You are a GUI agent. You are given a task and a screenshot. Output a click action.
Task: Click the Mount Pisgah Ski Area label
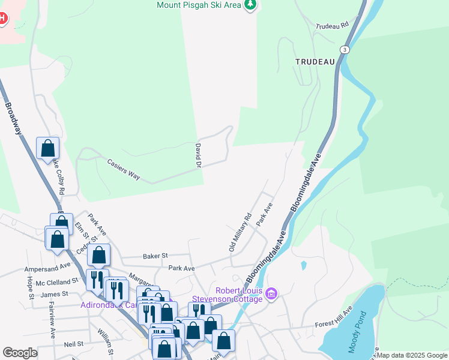[199, 5]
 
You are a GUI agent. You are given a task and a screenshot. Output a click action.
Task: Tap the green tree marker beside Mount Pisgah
[250, 5]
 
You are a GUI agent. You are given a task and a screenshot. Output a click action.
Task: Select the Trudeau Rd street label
[332, 26]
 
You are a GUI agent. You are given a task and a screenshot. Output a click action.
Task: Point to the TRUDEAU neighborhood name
[314, 61]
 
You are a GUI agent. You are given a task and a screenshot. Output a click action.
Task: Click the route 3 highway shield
[344, 49]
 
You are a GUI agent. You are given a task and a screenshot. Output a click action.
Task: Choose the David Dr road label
[197, 155]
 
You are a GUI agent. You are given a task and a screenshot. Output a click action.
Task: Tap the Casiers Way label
[123, 169]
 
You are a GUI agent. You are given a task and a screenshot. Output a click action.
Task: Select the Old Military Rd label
[240, 232]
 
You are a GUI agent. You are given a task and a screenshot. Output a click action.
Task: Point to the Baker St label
[155, 256]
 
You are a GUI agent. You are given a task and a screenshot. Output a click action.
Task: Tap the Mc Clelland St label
[57, 281]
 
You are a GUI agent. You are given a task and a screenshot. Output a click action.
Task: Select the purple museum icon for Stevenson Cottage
[271, 293]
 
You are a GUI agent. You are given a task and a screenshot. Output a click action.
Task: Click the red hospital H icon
[2, 18]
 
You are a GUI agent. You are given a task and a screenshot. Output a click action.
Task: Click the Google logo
[20, 353]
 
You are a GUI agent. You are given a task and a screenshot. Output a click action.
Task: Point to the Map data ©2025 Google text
[412, 355]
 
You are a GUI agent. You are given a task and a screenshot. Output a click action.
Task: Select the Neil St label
[73, 345]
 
